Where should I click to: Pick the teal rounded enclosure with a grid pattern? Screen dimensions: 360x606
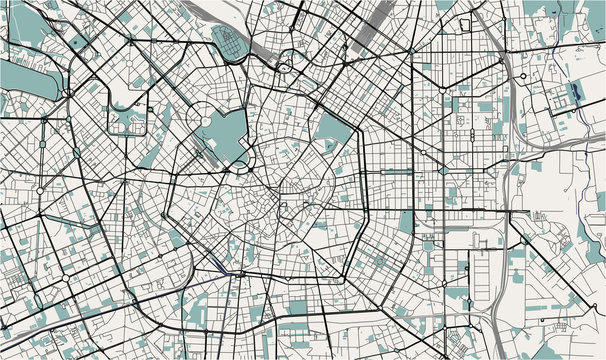[x=230, y=46]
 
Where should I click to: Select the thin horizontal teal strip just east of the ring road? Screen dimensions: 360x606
[x=395, y=171]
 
